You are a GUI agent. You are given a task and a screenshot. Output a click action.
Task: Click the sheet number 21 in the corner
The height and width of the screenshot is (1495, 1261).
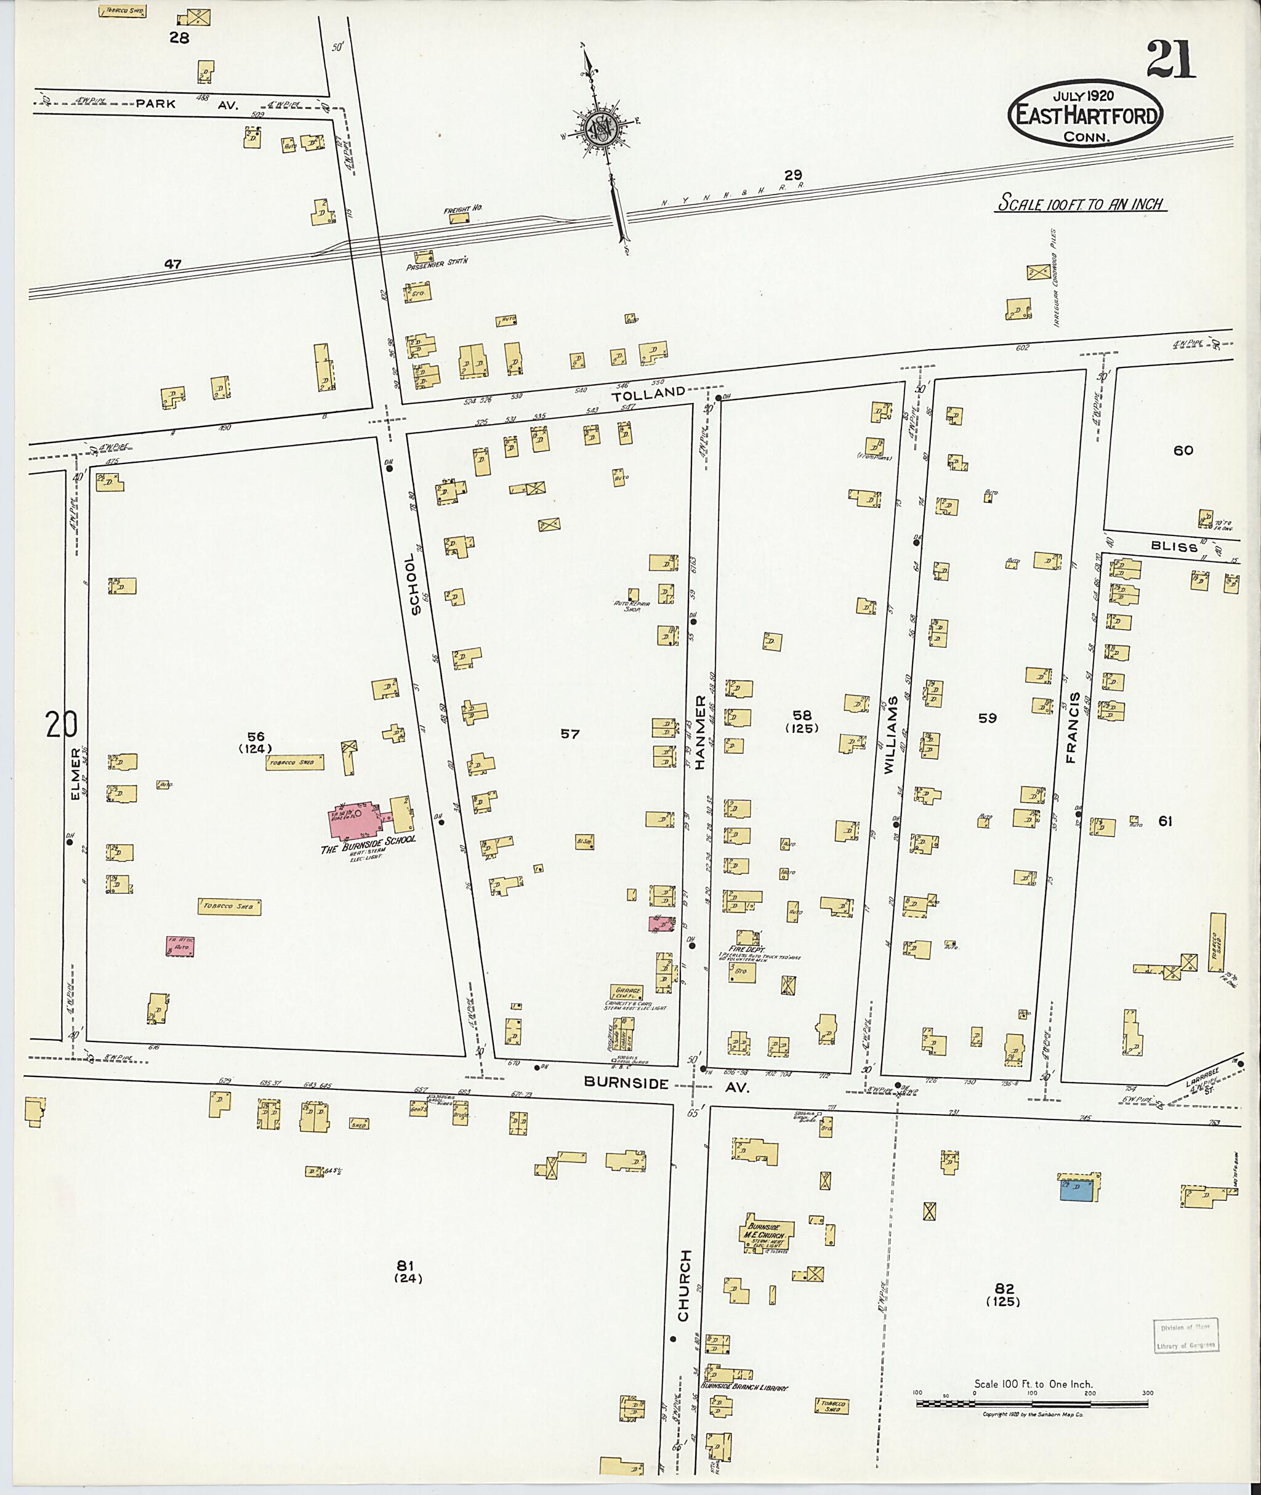(x=1170, y=62)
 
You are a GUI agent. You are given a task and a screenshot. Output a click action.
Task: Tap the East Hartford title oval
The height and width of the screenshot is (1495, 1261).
(x=1085, y=114)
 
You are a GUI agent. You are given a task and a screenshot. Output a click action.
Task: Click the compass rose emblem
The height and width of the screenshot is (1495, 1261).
(x=603, y=129)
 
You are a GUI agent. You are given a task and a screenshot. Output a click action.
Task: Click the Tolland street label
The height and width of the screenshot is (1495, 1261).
(x=658, y=392)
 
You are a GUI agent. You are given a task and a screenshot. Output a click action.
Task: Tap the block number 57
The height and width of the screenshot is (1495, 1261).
(x=570, y=734)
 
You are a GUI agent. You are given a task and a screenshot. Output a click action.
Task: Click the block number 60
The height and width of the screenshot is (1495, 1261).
(x=1183, y=450)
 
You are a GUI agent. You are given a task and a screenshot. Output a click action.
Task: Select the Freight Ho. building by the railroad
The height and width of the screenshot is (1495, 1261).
(x=460, y=218)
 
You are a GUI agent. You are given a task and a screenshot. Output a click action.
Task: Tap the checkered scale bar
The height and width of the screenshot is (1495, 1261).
(x=1031, y=1403)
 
